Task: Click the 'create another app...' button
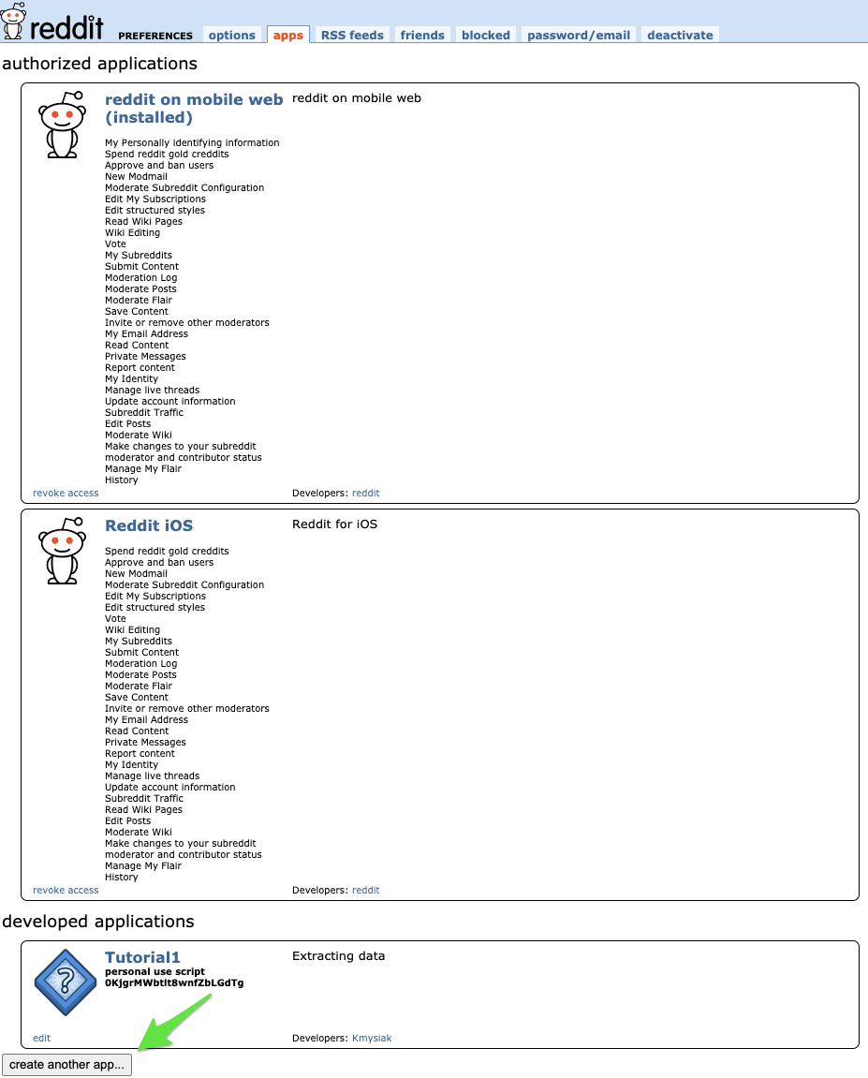(x=66, y=1065)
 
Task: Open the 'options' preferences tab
(x=232, y=35)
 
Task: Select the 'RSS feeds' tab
(x=352, y=35)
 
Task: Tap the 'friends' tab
(x=422, y=35)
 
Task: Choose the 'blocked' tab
(x=486, y=35)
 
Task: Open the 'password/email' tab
(x=579, y=35)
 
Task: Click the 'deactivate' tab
(x=680, y=35)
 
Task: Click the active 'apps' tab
(x=288, y=35)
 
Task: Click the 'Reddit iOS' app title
(x=149, y=526)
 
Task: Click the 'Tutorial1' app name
(x=142, y=957)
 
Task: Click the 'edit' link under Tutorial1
(x=41, y=1038)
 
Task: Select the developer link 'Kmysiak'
(x=372, y=1038)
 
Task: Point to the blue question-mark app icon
(x=66, y=982)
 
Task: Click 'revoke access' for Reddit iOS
(x=66, y=890)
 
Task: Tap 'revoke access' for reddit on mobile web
(x=66, y=493)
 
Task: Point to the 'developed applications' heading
(x=98, y=922)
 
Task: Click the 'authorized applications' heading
(x=100, y=64)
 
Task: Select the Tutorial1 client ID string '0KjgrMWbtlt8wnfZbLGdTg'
(x=174, y=982)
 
